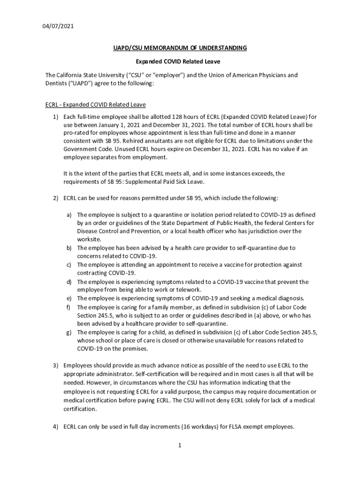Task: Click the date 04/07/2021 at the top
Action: tap(57, 26)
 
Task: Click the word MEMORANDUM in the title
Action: tap(166, 48)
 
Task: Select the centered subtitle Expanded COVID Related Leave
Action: tap(178, 62)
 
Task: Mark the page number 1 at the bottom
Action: tap(180, 446)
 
